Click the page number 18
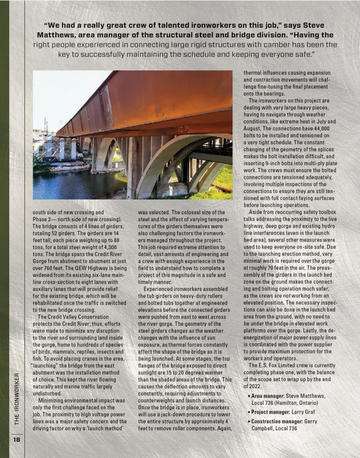tap(16, 440)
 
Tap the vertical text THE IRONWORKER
tap(17, 399)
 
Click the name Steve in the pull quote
tap(313, 25)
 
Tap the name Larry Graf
tap(303, 412)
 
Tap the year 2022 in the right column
tap(257, 386)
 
